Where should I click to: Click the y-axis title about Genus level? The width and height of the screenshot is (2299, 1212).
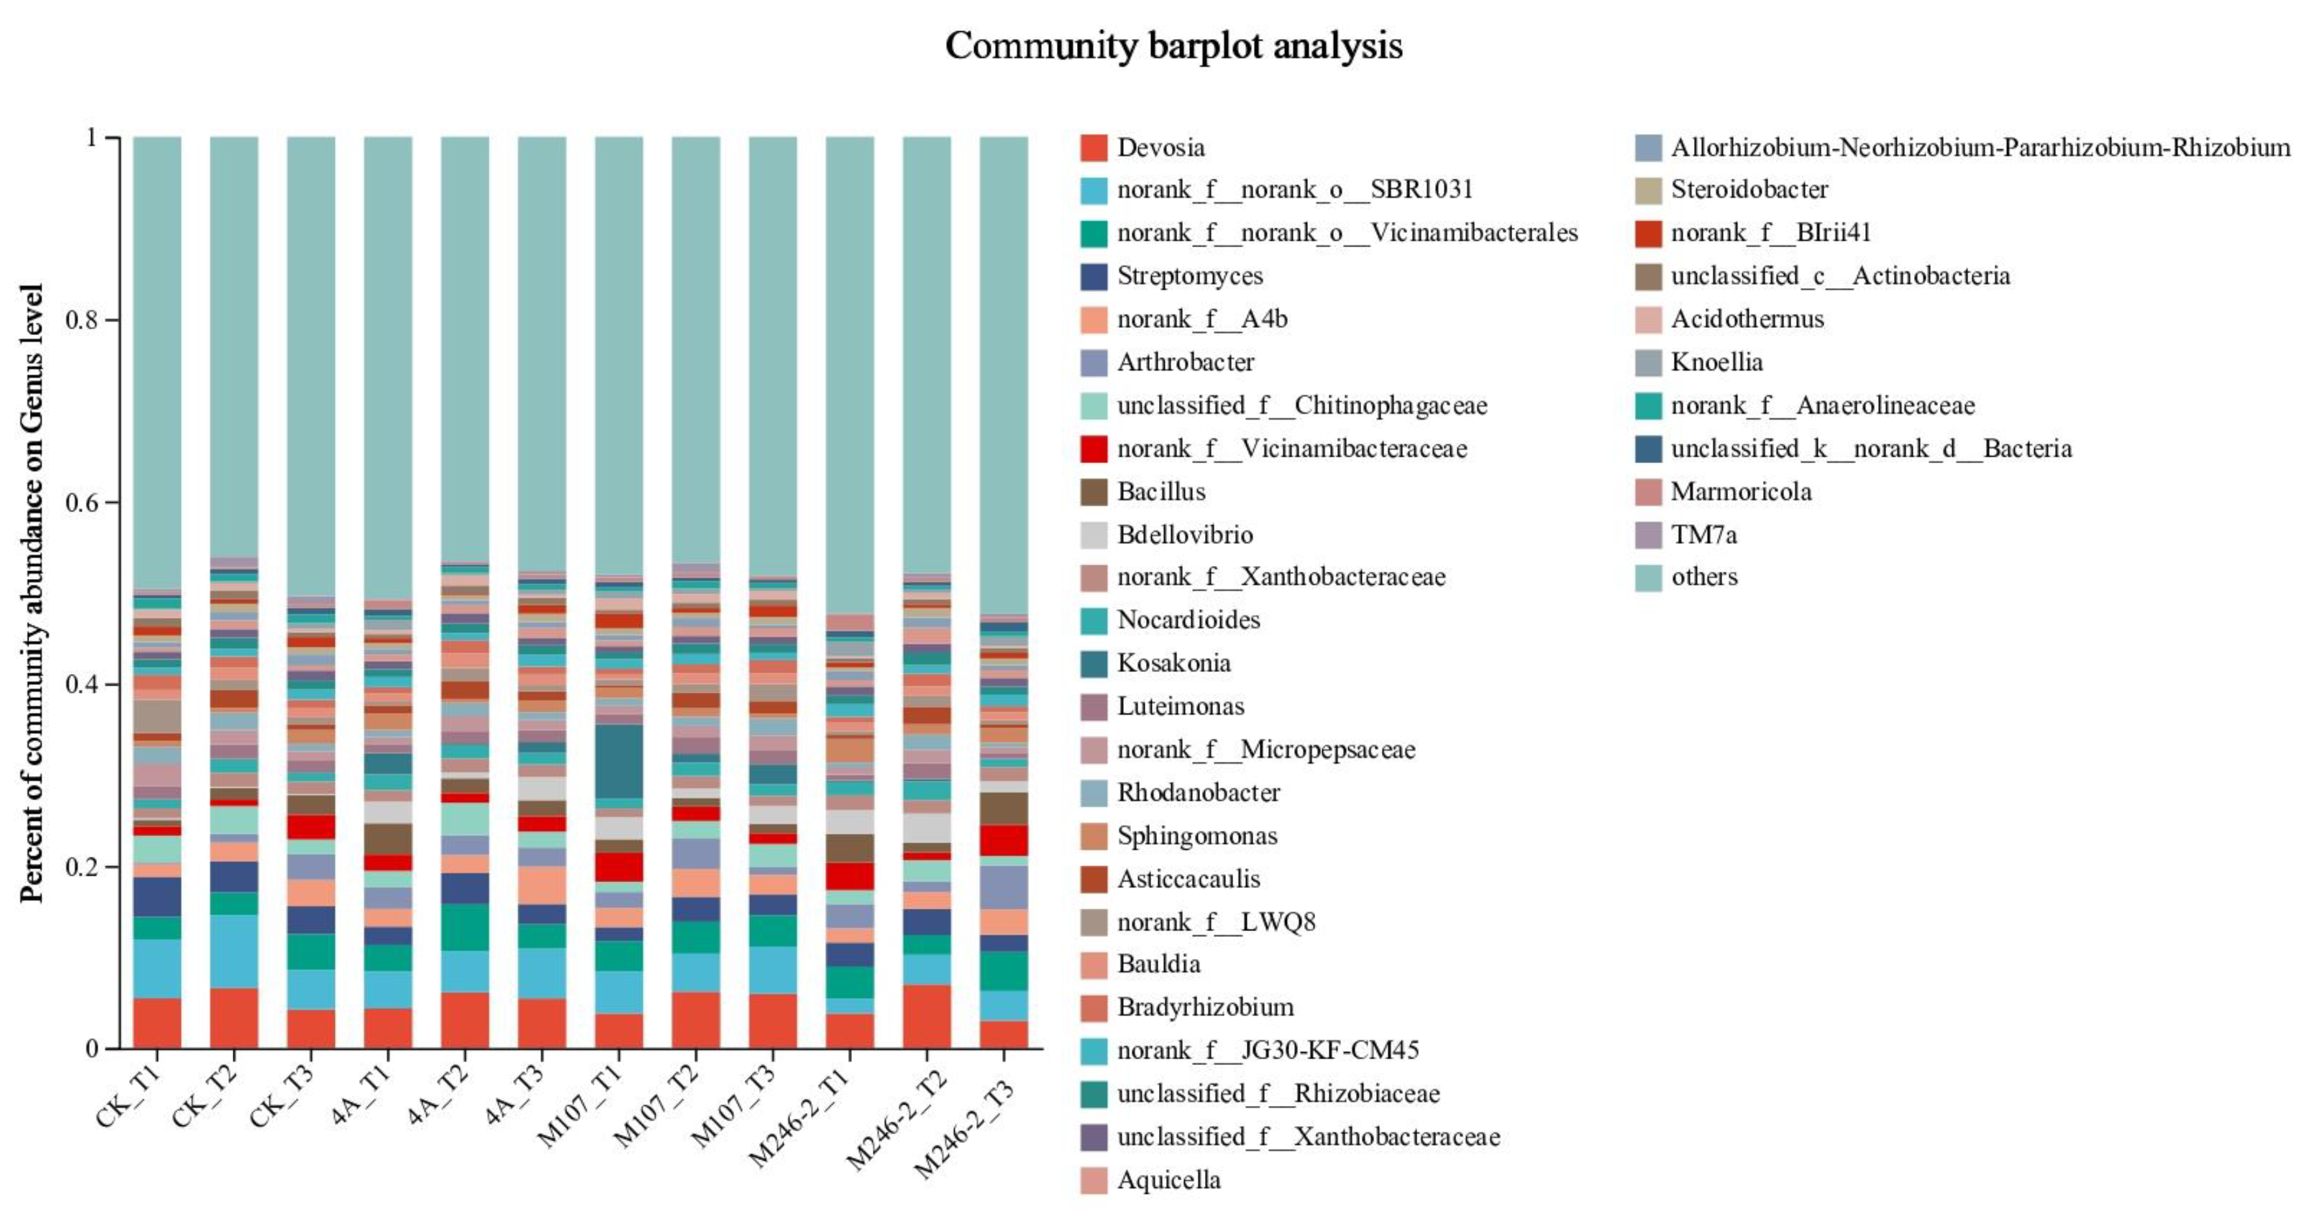coord(31,593)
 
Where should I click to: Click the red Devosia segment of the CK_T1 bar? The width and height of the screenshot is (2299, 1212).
coord(157,1023)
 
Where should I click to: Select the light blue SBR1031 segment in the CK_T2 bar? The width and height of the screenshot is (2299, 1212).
coord(234,951)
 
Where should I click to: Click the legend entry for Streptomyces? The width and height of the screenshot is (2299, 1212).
coord(1189,276)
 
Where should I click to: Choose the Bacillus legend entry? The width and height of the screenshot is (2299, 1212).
coord(1160,492)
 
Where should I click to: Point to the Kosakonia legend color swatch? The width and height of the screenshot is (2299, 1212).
coord(1093,663)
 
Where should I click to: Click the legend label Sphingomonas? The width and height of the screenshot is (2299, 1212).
coord(1196,835)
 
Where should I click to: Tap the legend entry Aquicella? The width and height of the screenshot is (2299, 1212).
coord(1168,1180)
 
